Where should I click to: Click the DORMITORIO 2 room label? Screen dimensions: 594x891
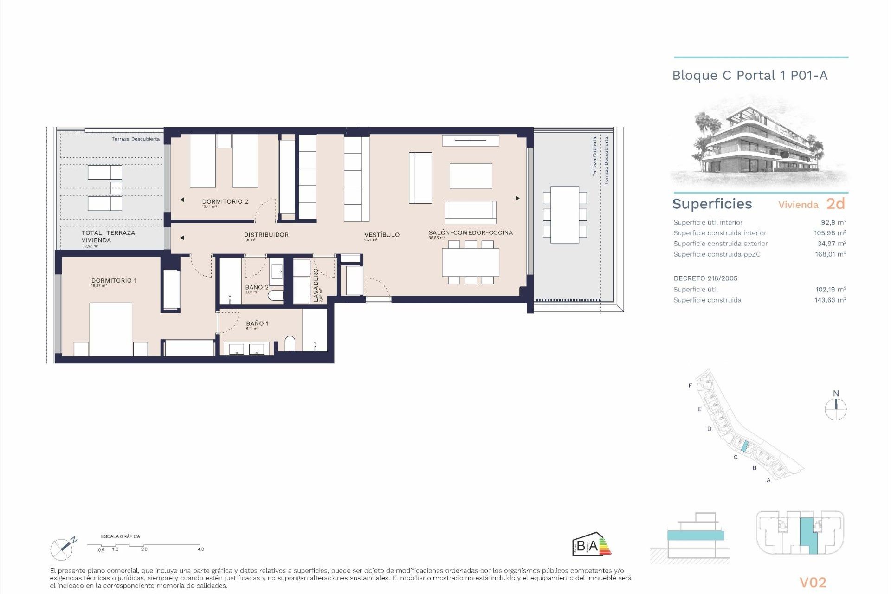coord(225,201)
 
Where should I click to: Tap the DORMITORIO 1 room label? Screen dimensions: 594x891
coord(114,280)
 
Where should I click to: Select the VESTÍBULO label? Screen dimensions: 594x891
coord(381,235)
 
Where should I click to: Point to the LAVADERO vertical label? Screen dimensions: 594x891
coord(316,285)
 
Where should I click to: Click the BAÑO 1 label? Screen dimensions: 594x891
coord(257,323)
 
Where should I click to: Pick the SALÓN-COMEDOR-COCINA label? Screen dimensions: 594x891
coord(471,232)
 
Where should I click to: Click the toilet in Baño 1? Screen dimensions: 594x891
coord(290,344)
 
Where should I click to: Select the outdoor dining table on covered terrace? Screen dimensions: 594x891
coord(565,214)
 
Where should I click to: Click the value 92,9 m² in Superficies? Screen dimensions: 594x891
coord(833,222)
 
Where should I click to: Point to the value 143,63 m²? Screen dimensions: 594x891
coord(830,300)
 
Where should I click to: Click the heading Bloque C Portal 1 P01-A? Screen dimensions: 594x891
coord(749,76)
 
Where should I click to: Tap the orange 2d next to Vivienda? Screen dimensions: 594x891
coord(835,204)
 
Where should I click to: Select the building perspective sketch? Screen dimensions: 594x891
coord(759,142)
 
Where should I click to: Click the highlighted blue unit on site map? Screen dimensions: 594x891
coord(744,446)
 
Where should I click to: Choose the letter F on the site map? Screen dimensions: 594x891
coord(690,386)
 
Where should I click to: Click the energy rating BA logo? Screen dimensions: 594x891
coord(591,544)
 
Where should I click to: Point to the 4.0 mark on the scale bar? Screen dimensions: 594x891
coord(200,549)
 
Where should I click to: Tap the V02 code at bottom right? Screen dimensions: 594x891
coord(813,582)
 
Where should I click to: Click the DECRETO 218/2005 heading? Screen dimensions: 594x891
coord(705,278)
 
